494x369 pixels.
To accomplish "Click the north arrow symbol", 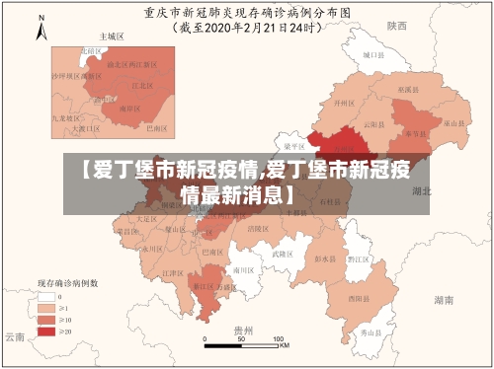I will pyautogui.click(x=41, y=29).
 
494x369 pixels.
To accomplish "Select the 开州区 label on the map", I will pyautogui.click(x=344, y=102).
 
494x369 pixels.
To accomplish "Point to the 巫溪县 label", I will pyautogui.click(x=406, y=89).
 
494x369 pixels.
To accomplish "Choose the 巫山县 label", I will pyautogui.click(x=453, y=123).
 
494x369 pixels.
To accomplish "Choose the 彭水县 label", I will pyautogui.click(x=323, y=259).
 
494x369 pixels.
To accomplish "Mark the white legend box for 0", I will pyautogui.click(x=45, y=296).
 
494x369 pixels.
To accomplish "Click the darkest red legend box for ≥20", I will pyautogui.click(x=45, y=332).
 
